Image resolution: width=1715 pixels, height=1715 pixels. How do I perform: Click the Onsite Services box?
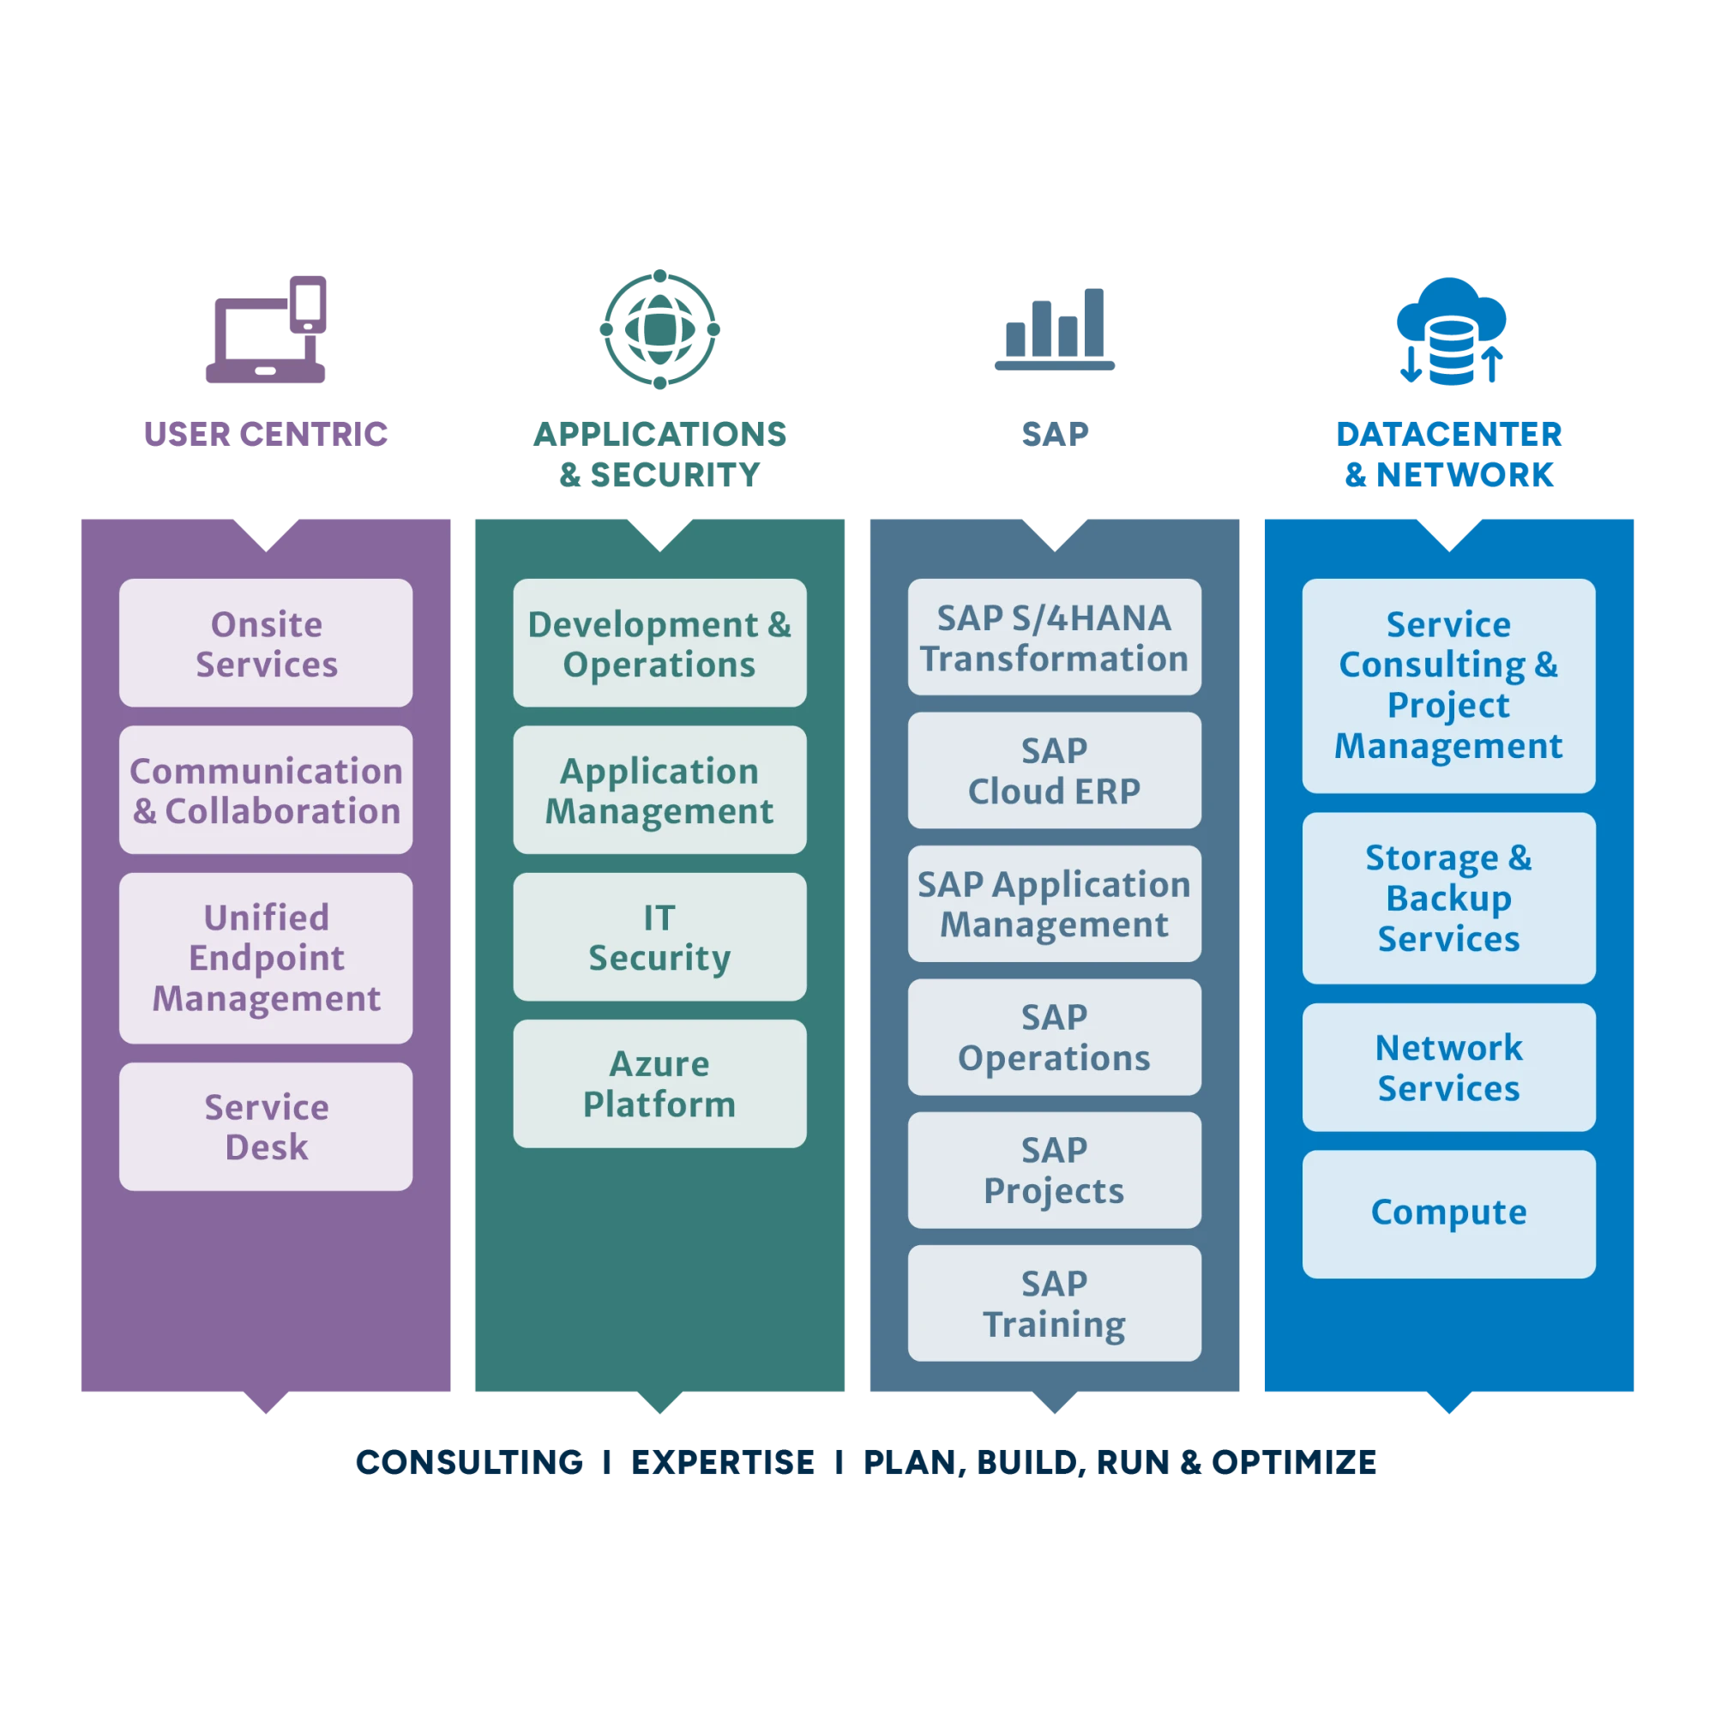[x=266, y=644]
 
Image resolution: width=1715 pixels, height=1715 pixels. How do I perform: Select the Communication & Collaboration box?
[x=266, y=790]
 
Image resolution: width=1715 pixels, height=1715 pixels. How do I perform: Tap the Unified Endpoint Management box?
[x=266, y=958]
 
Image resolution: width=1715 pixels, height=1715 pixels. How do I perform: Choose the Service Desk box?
[x=266, y=1127]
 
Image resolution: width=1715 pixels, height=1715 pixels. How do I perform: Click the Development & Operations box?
[x=659, y=644]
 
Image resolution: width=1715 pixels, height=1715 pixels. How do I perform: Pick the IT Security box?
[x=659, y=936]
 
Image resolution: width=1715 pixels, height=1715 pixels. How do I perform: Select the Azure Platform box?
[x=659, y=1083]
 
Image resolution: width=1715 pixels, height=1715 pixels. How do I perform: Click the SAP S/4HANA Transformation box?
[x=1054, y=637]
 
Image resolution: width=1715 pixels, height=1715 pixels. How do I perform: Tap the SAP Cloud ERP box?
[x=1054, y=771]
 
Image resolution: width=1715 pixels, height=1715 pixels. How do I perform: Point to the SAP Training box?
[x=1054, y=1303]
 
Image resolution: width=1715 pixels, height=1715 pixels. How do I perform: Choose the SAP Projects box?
[x=1054, y=1170]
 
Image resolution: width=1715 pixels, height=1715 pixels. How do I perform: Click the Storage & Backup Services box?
[x=1447, y=898]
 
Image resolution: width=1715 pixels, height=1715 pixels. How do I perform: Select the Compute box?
[x=1447, y=1213]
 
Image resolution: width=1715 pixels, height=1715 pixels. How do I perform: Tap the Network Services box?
[x=1447, y=1067]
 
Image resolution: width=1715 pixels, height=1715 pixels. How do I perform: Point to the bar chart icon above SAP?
[x=1056, y=329]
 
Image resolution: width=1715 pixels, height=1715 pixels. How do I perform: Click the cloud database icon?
[x=1451, y=330]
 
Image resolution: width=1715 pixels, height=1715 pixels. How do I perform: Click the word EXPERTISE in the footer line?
[x=723, y=1462]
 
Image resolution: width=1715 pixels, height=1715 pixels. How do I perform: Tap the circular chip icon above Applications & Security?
[x=659, y=329]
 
